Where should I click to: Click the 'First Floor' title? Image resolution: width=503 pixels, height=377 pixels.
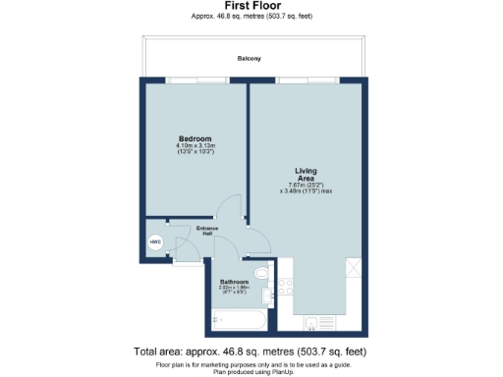click(251, 6)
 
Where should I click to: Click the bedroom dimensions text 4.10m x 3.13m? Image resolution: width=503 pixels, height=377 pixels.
click(194, 146)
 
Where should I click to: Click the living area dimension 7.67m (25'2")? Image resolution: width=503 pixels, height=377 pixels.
click(306, 185)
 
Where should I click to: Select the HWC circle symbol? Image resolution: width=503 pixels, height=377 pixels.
click(155, 242)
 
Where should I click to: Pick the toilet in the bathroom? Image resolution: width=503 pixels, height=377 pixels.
click(259, 273)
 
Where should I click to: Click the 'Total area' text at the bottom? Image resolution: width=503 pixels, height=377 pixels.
click(251, 350)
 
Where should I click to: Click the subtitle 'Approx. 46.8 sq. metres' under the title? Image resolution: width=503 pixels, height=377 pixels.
click(251, 17)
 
